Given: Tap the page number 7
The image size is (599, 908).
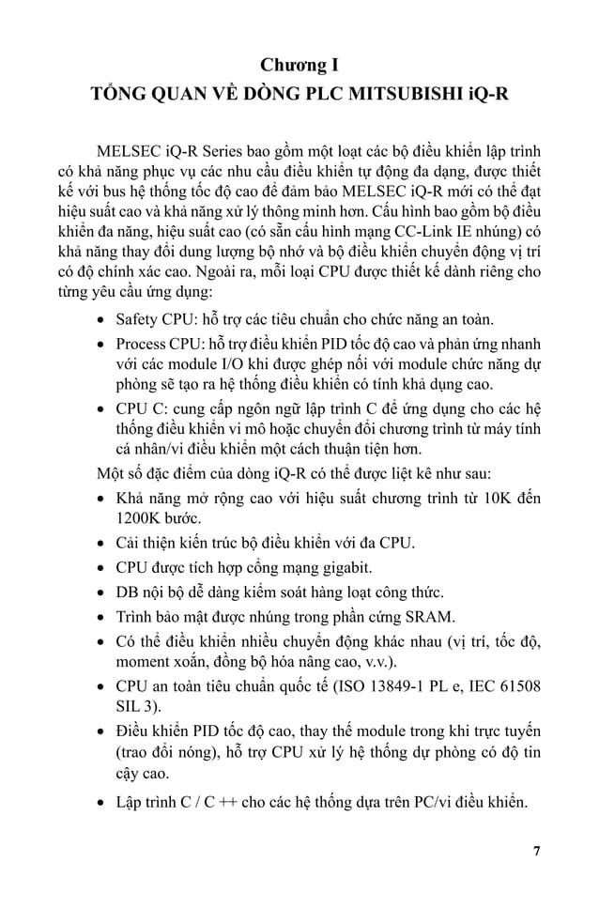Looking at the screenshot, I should (536, 852).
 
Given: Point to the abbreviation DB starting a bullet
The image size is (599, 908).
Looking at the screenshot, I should (128, 593).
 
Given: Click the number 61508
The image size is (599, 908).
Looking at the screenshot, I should (518, 686).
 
